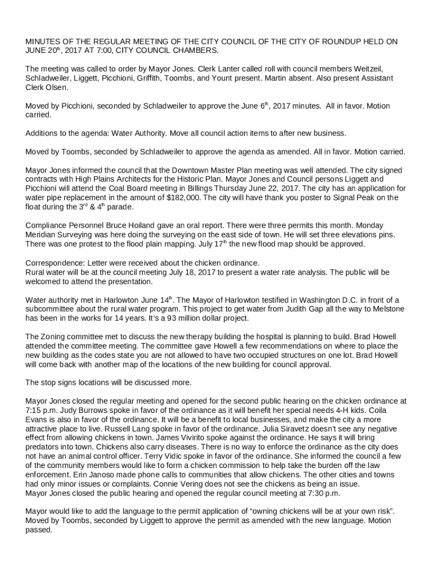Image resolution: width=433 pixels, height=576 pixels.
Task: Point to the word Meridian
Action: tap(42, 235)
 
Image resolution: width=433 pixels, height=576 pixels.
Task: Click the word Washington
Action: tap(296, 299)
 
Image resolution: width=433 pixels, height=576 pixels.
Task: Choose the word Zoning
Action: tap(53, 336)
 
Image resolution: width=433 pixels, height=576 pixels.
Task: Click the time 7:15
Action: tap(35, 411)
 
